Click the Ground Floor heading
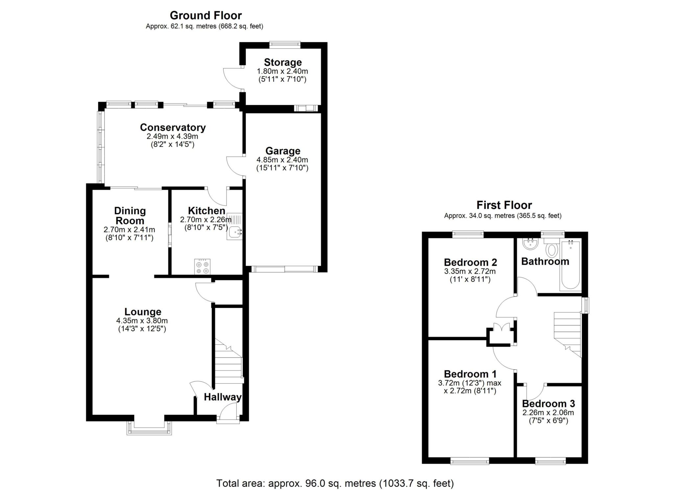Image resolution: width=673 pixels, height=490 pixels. [x=206, y=15]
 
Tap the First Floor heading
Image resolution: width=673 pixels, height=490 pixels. [x=504, y=205]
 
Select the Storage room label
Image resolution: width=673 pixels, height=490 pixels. [x=283, y=62]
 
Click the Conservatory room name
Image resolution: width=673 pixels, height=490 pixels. [x=173, y=127]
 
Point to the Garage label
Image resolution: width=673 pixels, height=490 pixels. [x=283, y=151]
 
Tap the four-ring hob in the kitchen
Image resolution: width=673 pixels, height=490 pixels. [x=202, y=267]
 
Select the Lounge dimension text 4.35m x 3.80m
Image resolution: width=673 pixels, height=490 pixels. [x=142, y=321]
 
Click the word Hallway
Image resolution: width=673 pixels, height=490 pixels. [x=222, y=397]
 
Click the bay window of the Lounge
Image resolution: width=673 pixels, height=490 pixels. [x=149, y=428]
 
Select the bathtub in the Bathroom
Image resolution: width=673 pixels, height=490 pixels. [x=570, y=265]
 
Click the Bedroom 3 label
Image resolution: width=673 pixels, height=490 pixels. [x=548, y=404]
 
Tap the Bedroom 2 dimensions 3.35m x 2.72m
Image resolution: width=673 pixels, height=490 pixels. [x=470, y=271]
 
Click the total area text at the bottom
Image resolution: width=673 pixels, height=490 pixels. [x=335, y=483]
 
